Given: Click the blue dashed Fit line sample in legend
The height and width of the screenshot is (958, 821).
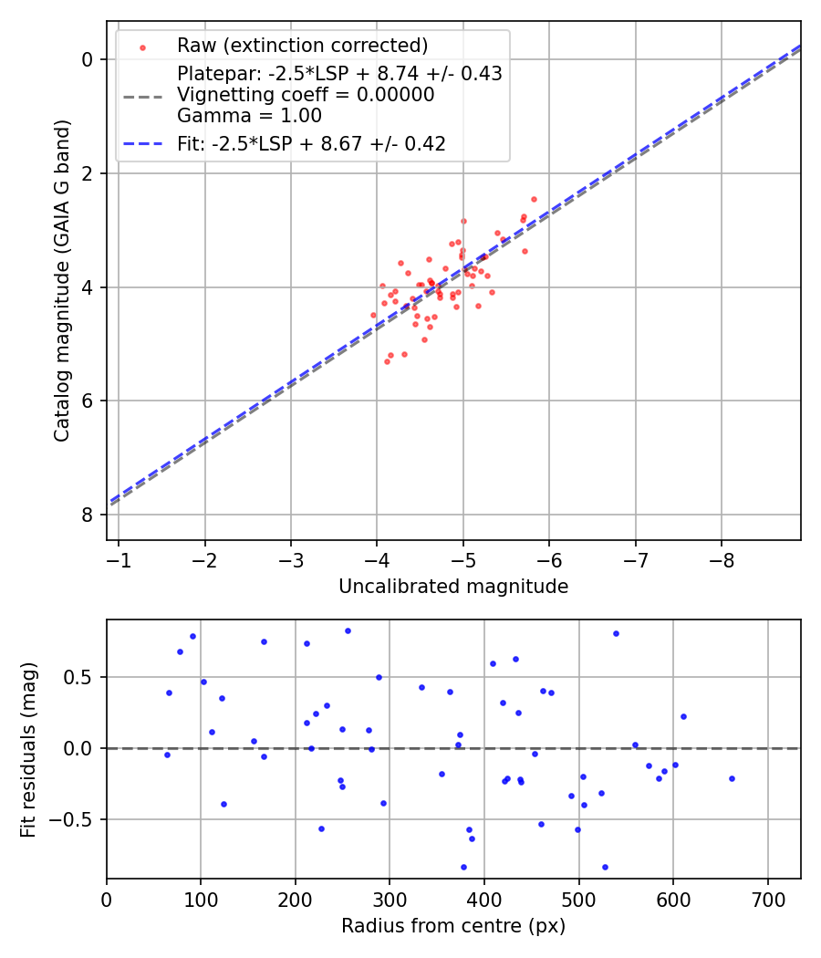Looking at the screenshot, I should click(141, 143).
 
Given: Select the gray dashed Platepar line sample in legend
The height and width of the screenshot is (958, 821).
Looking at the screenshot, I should click(141, 95).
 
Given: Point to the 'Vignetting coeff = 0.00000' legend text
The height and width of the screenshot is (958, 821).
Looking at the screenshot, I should click(306, 95).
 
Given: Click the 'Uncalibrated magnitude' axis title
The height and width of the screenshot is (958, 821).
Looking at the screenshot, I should click(453, 587).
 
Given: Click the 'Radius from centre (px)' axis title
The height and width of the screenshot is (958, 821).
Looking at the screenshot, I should click(453, 926).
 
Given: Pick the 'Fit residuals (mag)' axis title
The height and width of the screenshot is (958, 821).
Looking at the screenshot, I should click(29, 749).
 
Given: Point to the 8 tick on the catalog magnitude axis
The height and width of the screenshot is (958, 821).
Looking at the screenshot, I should click(88, 515).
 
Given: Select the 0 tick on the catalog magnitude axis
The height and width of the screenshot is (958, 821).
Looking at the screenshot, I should click(88, 59).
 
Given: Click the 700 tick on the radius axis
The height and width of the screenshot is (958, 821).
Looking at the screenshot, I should click(767, 898).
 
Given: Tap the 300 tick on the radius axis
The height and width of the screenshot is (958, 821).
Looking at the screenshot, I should click(390, 898).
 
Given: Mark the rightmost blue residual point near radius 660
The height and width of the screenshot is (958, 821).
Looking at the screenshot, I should click(732, 778).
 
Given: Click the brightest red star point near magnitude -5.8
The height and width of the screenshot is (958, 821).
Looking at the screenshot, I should click(534, 199).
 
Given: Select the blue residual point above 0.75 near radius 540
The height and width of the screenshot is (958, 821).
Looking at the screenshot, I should click(616, 633).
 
